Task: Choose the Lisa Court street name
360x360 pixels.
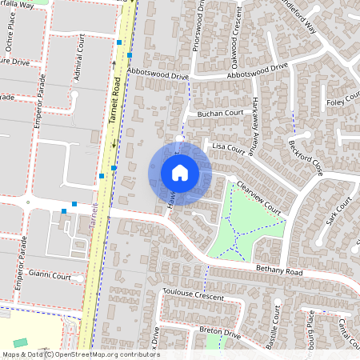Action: click(228, 148)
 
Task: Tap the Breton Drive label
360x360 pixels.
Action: click(220, 331)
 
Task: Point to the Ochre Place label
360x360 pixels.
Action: click(17, 38)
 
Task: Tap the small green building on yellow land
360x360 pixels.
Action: click(20, 342)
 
